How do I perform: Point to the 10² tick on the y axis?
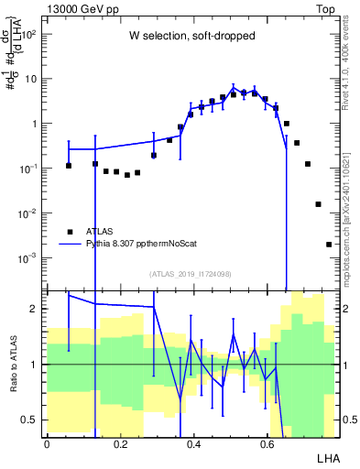(x=32, y=34)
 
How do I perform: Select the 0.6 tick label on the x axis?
(x=267, y=443)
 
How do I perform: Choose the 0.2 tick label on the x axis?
(x=120, y=443)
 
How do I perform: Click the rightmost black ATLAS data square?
(x=329, y=245)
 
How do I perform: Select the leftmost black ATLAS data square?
(x=69, y=166)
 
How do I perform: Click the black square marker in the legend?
(x=69, y=232)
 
